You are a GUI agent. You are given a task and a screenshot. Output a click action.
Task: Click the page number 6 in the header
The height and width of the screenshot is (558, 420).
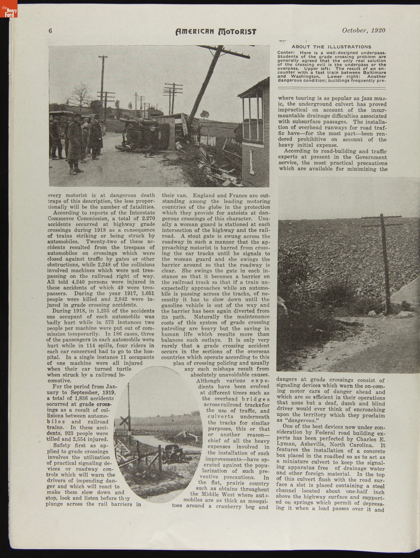[50, 31]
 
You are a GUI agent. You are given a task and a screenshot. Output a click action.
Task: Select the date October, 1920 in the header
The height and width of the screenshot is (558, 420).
[364, 30]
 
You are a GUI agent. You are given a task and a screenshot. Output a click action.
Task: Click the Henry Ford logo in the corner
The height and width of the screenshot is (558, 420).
[9, 13]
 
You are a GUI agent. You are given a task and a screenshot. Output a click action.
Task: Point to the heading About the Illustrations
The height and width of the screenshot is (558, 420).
[331, 47]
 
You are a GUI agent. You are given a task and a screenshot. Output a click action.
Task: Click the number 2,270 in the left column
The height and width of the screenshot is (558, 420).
[146, 219]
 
